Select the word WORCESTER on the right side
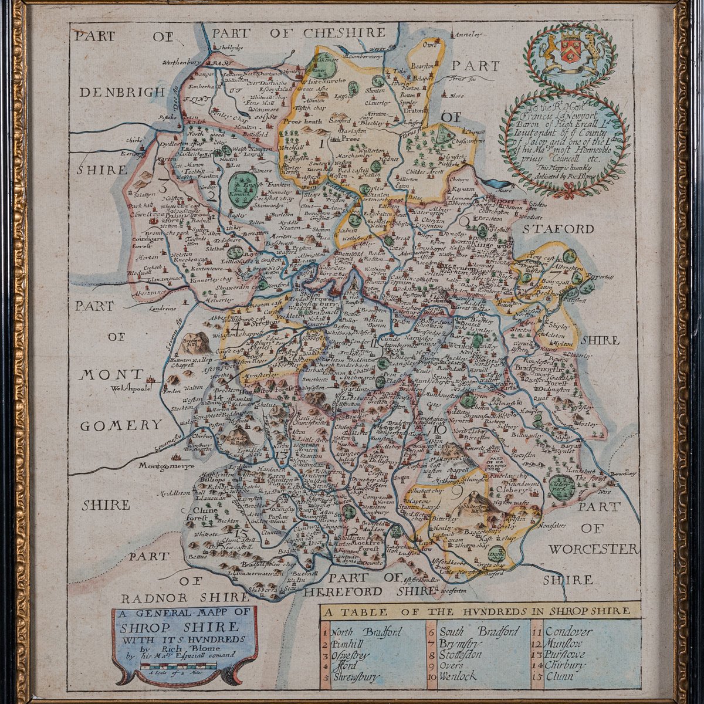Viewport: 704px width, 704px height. pos(593,549)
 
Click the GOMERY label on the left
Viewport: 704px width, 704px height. pos(120,425)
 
